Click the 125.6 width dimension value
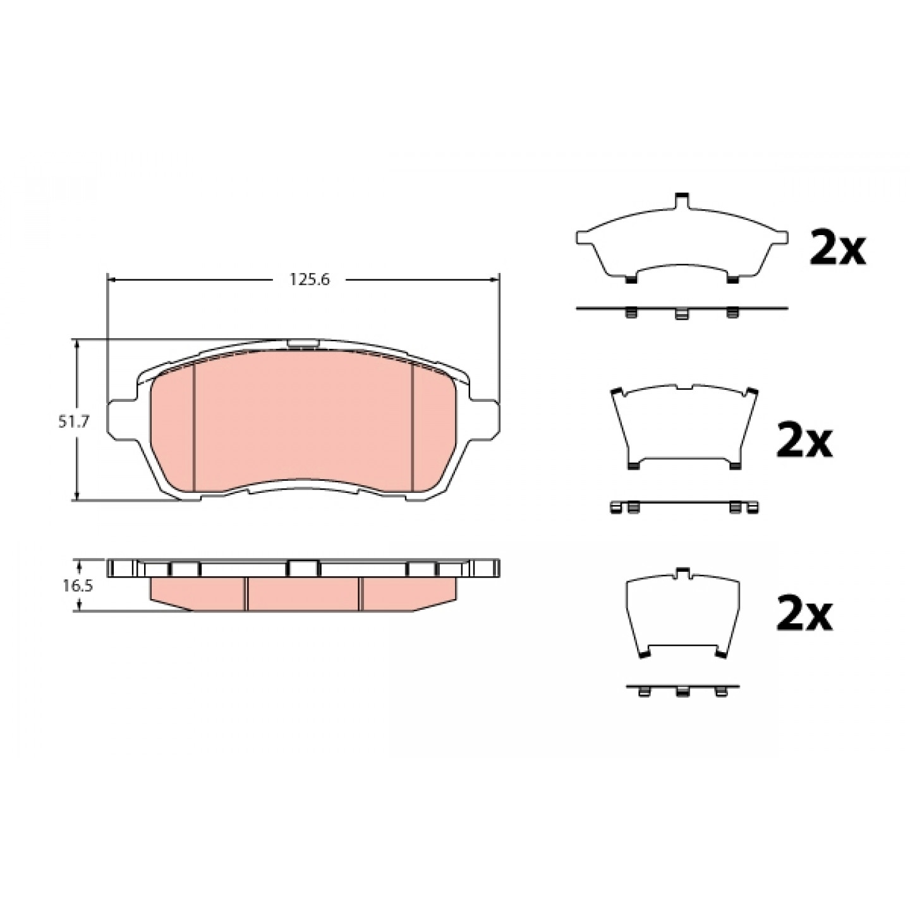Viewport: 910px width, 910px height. click(309, 280)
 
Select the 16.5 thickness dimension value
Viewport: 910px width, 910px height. click(78, 586)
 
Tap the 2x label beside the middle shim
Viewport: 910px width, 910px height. click(804, 440)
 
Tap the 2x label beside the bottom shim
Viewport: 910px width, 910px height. click(804, 613)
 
